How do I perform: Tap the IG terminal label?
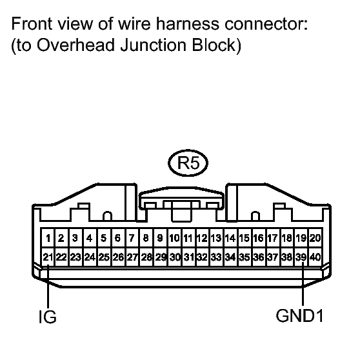47,317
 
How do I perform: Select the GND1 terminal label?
301,316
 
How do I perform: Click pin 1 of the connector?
47,238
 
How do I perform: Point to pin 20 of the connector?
315,238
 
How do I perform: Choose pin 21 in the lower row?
47,257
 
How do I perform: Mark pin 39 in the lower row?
301,257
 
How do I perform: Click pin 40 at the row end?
315,257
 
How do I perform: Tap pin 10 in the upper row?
174,238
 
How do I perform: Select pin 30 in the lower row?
174,257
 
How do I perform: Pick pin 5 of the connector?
104,238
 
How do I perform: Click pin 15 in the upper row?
245,238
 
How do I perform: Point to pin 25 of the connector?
104,257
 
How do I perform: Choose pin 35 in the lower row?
245,257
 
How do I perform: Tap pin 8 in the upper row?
146,238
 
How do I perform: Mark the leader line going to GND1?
301,284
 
